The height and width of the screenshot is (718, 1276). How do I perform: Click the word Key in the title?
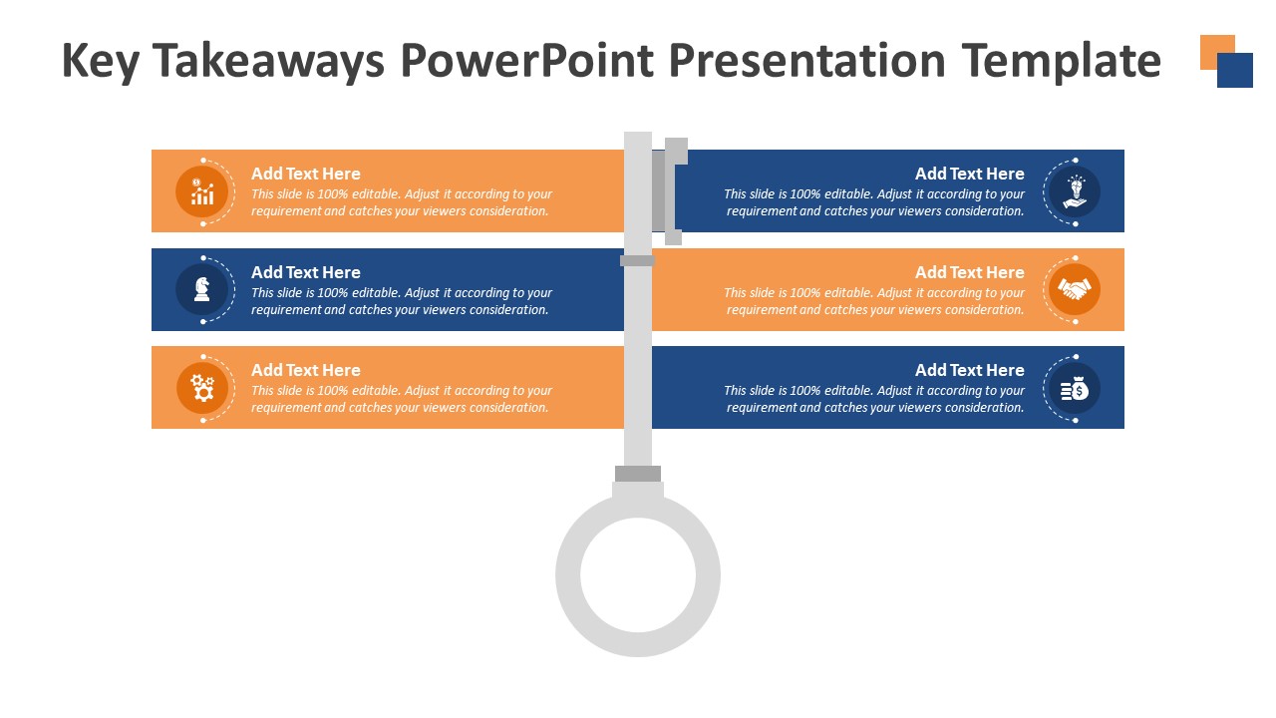(101, 62)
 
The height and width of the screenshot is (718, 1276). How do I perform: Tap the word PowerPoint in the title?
(527, 61)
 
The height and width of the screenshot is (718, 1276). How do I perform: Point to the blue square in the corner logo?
(1235, 70)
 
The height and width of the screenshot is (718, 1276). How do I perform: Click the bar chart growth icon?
(202, 191)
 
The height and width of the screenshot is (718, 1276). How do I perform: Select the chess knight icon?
(202, 289)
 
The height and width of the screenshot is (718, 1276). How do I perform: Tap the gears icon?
(202, 388)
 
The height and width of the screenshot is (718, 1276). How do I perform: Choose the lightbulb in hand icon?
(1075, 191)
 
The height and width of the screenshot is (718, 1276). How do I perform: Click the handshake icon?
(1075, 289)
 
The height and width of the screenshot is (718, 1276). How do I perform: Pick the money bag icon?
(1075, 389)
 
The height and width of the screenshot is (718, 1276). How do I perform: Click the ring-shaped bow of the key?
(638, 644)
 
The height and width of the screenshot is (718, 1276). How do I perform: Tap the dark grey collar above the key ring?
(638, 474)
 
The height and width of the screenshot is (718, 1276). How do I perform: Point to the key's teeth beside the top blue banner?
(668, 191)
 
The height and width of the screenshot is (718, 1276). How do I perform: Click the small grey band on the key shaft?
(637, 261)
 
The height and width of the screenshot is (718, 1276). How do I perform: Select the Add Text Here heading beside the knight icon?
(306, 272)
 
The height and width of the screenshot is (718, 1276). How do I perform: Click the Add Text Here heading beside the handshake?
(970, 272)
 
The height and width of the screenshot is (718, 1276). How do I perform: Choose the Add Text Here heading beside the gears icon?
(306, 370)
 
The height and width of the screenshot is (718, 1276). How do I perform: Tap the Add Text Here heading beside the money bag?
(970, 370)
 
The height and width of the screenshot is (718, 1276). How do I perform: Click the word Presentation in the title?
(807, 61)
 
